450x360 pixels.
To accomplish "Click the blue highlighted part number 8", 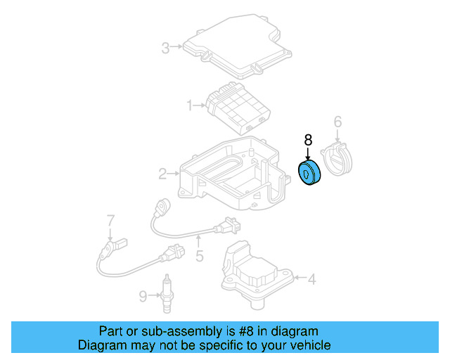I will (309, 174).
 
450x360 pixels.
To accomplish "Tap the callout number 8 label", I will (307, 140).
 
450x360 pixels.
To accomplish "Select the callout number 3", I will (165, 48).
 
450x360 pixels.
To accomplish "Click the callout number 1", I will (190, 105).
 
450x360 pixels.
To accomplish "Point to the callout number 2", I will (162, 173).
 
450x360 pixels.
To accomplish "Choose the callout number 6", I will (337, 122).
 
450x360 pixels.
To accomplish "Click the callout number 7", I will (110, 221).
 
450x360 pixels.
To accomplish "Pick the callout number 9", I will (143, 297).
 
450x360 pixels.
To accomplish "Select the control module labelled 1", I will (239, 107).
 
